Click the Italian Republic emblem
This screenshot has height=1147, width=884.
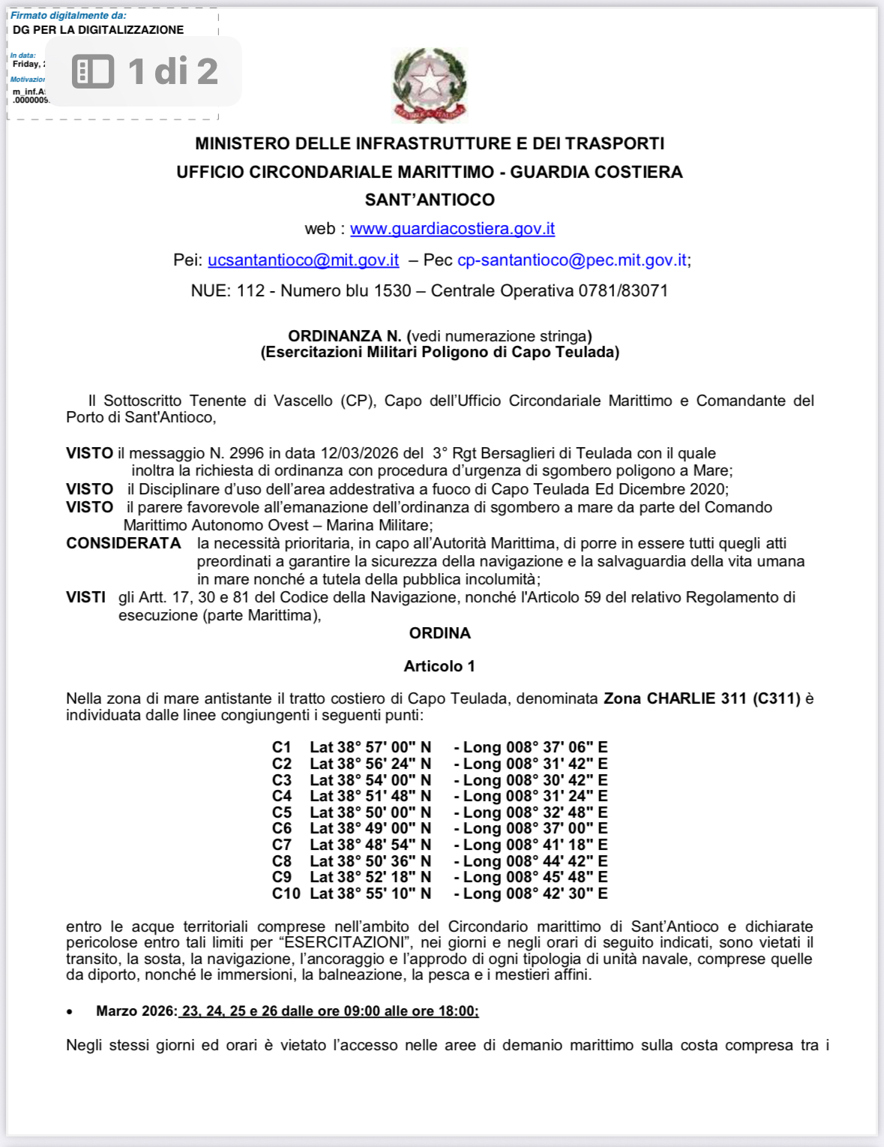point(430,85)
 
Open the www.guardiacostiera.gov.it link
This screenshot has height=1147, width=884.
point(452,229)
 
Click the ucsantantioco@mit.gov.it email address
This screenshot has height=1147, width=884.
point(303,260)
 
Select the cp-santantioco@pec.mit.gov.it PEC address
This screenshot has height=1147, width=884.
point(571,260)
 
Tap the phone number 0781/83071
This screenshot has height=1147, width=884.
point(623,291)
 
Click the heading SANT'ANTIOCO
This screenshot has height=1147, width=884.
point(430,200)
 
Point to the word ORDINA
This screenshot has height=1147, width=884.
point(440,633)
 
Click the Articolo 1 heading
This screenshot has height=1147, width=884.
point(439,666)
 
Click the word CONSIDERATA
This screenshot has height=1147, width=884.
point(124,543)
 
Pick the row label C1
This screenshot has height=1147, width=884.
point(282,747)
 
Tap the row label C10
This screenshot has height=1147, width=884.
point(286,893)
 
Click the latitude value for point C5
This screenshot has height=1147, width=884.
point(370,812)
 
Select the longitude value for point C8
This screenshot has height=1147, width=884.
point(535,861)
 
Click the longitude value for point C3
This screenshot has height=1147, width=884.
point(535,780)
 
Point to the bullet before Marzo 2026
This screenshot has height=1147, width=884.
point(70,1012)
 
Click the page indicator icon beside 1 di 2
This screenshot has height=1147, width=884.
point(93,71)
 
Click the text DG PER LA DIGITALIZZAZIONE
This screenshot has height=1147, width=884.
point(98,30)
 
